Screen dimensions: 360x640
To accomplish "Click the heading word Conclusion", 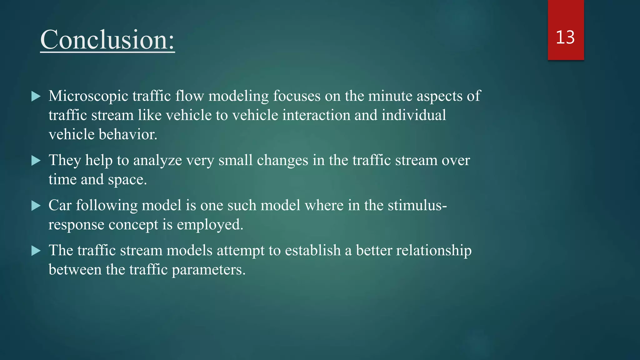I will click(107, 40).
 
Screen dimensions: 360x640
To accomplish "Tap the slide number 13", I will click(565, 37).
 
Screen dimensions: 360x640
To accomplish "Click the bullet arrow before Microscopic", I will click(36, 96).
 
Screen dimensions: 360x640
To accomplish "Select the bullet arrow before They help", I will click(36, 161).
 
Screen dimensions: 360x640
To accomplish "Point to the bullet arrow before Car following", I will click(36, 206).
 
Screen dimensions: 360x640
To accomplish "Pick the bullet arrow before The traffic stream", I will click(36, 251).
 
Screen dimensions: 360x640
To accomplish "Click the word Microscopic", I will click(88, 96).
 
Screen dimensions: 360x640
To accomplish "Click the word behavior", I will click(128, 134).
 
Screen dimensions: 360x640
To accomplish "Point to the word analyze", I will click(157, 161).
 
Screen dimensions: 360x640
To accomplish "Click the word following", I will click(107, 206).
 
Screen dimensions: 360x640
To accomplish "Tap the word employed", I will click(210, 225).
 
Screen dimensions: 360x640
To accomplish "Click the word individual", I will click(414, 115).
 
